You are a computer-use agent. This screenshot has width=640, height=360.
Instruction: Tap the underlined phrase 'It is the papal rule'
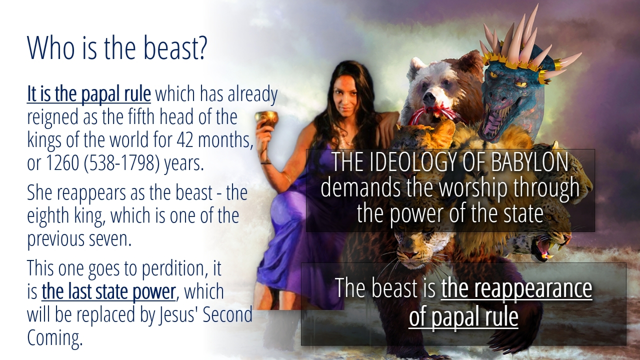[x=89, y=94]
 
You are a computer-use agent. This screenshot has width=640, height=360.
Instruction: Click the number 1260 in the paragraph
[x=62, y=163]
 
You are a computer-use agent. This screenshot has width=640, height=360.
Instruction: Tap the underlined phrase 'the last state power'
[x=108, y=291]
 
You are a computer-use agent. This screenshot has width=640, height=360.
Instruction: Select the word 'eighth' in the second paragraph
[x=48, y=216]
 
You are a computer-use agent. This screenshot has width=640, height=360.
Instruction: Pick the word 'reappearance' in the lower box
[x=516, y=289]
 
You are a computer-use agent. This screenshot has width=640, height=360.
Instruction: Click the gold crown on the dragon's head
[x=517, y=61]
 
